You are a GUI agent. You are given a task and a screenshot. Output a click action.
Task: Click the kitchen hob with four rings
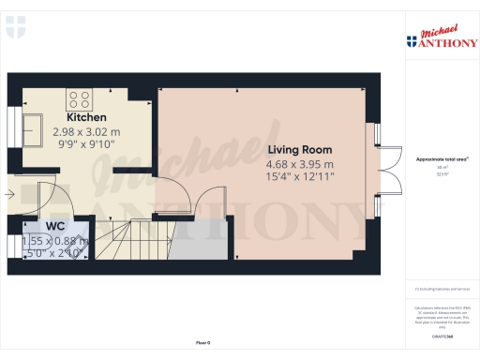point(78,97)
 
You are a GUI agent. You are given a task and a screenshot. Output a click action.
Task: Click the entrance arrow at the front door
point(8,196)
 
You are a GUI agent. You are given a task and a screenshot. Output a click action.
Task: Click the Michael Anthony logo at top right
point(441,38)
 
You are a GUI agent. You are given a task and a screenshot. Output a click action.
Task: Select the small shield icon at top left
point(14,29)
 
